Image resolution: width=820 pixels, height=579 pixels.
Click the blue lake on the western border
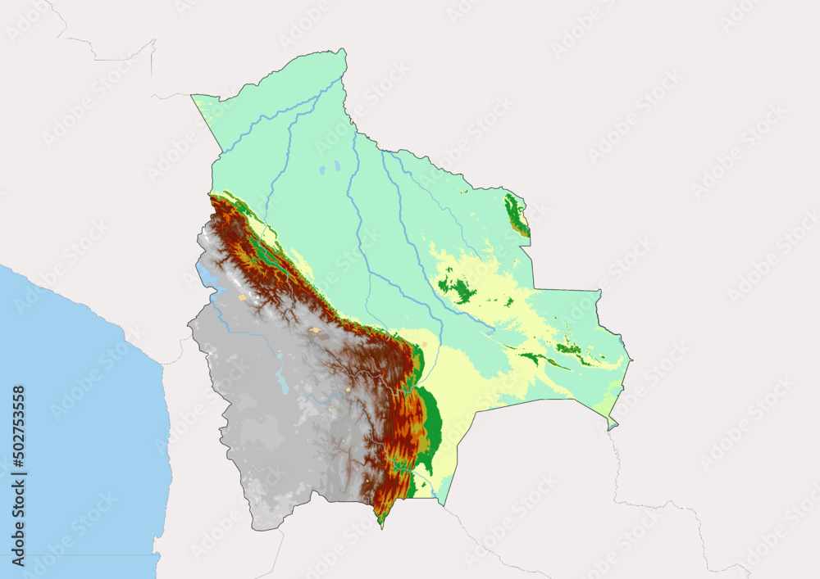(206, 279)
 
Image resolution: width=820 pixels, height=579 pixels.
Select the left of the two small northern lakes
(322, 173)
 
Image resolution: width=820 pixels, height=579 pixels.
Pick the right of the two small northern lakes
(336, 166)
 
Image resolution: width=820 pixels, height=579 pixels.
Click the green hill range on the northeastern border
(516, 215)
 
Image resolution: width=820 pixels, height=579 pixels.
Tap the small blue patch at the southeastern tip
(611, 424)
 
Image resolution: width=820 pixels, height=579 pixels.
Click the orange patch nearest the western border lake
(242, 297)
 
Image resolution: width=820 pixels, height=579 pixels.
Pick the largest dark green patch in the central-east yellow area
(461, 289)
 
